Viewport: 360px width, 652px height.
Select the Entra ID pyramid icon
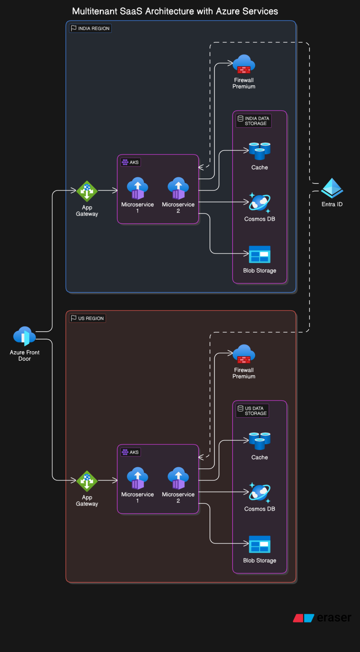(x=332, y=188)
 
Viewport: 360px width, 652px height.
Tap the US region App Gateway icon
(x=87, y=481)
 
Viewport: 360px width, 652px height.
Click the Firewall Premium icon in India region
(x=244, y=64)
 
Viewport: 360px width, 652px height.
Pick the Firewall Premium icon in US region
(x=244, y=354)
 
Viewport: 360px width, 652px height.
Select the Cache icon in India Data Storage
(x=260, y=151)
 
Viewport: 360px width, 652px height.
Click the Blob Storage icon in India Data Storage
(x=260, y=254)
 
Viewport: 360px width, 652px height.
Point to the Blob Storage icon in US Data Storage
(x=260, y=544)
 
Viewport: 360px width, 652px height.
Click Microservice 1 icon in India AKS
(x=138, y=188)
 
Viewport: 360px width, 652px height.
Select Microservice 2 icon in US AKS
(x=178, y=478)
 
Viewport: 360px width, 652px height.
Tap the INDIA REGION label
(x=90, y=28)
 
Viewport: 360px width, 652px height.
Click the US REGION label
(x=88, y=318)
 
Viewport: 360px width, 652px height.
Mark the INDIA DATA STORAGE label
(x=254, y=121)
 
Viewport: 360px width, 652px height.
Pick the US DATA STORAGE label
(x=253, y=411)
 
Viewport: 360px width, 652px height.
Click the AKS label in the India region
(x=131, y=162)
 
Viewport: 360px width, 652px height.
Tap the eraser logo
(x=322, y=618)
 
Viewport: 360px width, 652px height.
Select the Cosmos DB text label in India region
(x=260, y=219)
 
